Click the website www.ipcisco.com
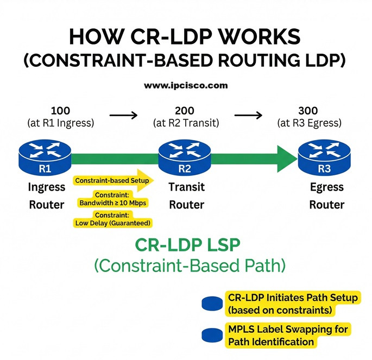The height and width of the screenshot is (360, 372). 186,86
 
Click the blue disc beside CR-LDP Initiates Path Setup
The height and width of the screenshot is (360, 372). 212,304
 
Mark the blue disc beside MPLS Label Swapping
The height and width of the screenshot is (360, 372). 212,335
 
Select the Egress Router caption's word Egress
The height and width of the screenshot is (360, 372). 326,187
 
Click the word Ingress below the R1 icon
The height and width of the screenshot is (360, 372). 46,187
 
